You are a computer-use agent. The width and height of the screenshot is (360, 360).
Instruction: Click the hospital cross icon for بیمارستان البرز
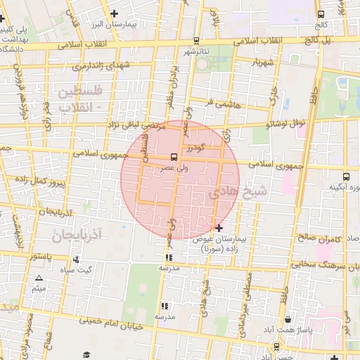(x=114, y=13)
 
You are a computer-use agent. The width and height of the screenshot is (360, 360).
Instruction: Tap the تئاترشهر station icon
(x=195, y=40)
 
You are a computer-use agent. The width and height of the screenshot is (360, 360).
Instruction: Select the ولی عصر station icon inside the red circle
(x=173, y=157)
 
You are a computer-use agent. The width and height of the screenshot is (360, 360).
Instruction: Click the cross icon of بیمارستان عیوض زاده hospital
(x=219, y=228)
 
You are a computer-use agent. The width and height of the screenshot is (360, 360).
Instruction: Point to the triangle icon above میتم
(x=39, y=279)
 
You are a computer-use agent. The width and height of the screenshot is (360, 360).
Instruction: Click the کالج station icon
(x=321, y=14)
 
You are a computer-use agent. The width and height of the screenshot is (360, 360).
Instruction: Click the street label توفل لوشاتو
(x=286, y=123)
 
